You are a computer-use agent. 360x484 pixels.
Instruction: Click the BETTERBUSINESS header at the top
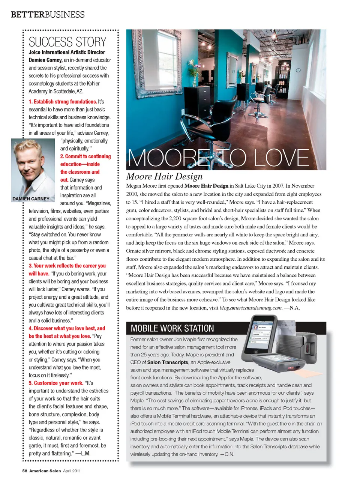48,15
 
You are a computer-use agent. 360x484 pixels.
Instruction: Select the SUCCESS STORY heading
67,42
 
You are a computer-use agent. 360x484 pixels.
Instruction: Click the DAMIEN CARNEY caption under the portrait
31,199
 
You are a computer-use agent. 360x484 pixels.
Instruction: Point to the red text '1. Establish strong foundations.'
63,102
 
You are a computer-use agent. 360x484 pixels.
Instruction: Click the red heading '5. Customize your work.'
56,383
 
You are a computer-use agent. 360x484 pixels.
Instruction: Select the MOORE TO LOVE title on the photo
219,158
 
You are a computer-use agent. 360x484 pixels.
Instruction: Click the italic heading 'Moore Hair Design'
164,176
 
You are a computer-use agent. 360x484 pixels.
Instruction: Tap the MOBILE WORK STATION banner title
172,328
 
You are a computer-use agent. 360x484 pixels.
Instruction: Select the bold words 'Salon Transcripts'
168,362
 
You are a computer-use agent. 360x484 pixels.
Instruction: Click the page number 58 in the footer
25,471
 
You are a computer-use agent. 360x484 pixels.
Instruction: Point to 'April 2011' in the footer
72,471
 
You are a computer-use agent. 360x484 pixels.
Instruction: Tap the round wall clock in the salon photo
298,70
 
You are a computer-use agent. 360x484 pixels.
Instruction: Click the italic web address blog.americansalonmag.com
250,308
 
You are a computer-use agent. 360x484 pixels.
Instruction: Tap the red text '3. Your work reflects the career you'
67,266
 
